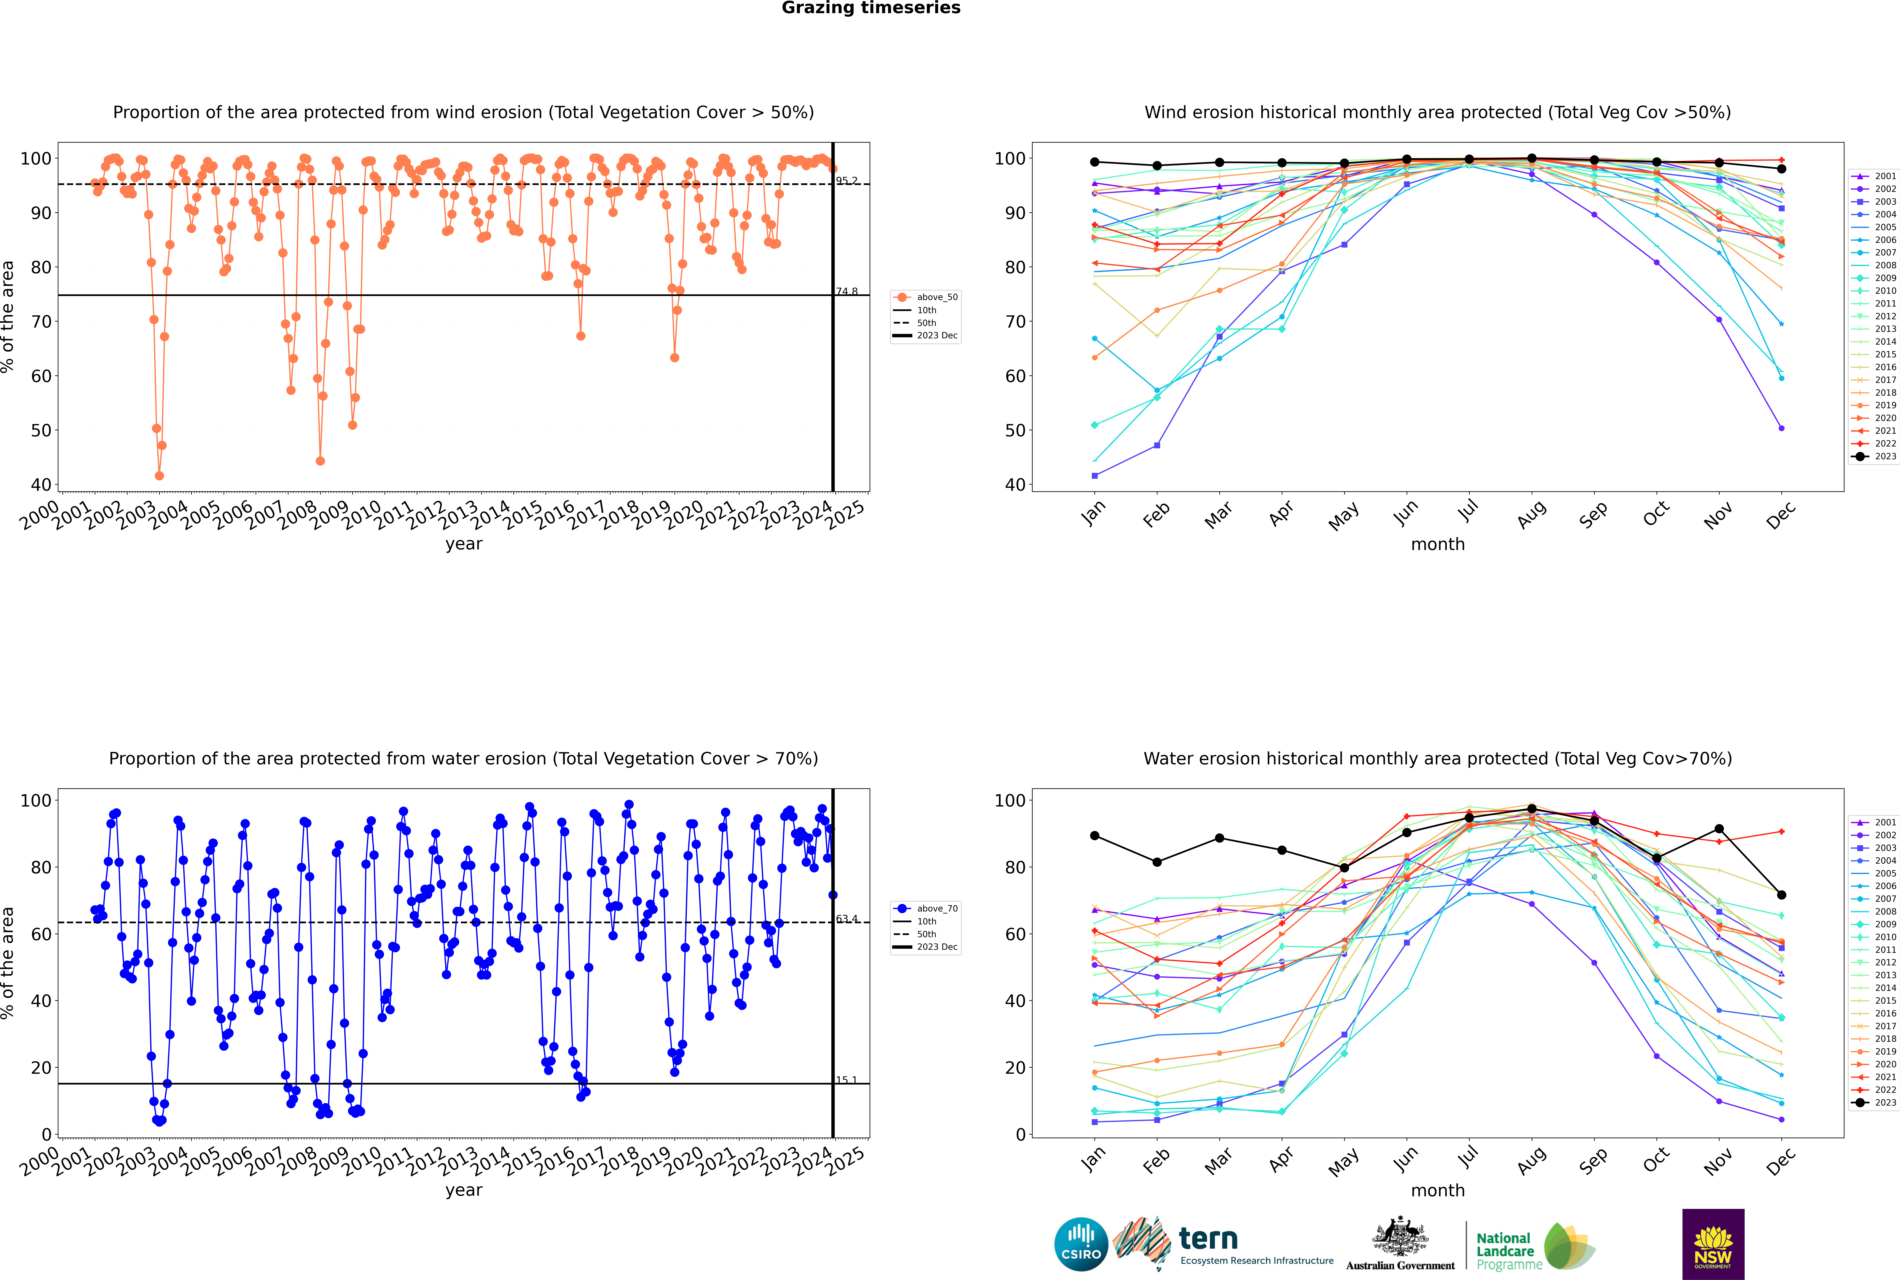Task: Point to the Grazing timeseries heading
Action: pos(871,8)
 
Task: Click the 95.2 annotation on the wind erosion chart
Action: pos(846,180)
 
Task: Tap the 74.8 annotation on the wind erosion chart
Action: pos(846,291)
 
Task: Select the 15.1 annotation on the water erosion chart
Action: pos(846,1080)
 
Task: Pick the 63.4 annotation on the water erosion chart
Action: pos(846,919)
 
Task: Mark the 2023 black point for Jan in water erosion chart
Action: pos(1095,836)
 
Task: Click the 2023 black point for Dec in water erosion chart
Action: pos(1782,895)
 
